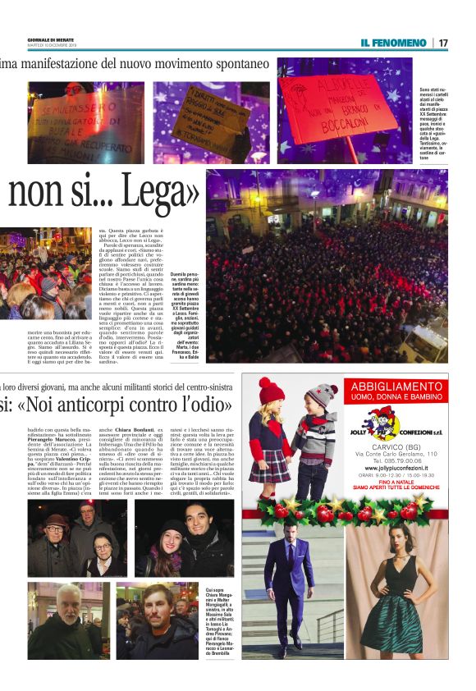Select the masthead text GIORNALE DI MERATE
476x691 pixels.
coord(51,39)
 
